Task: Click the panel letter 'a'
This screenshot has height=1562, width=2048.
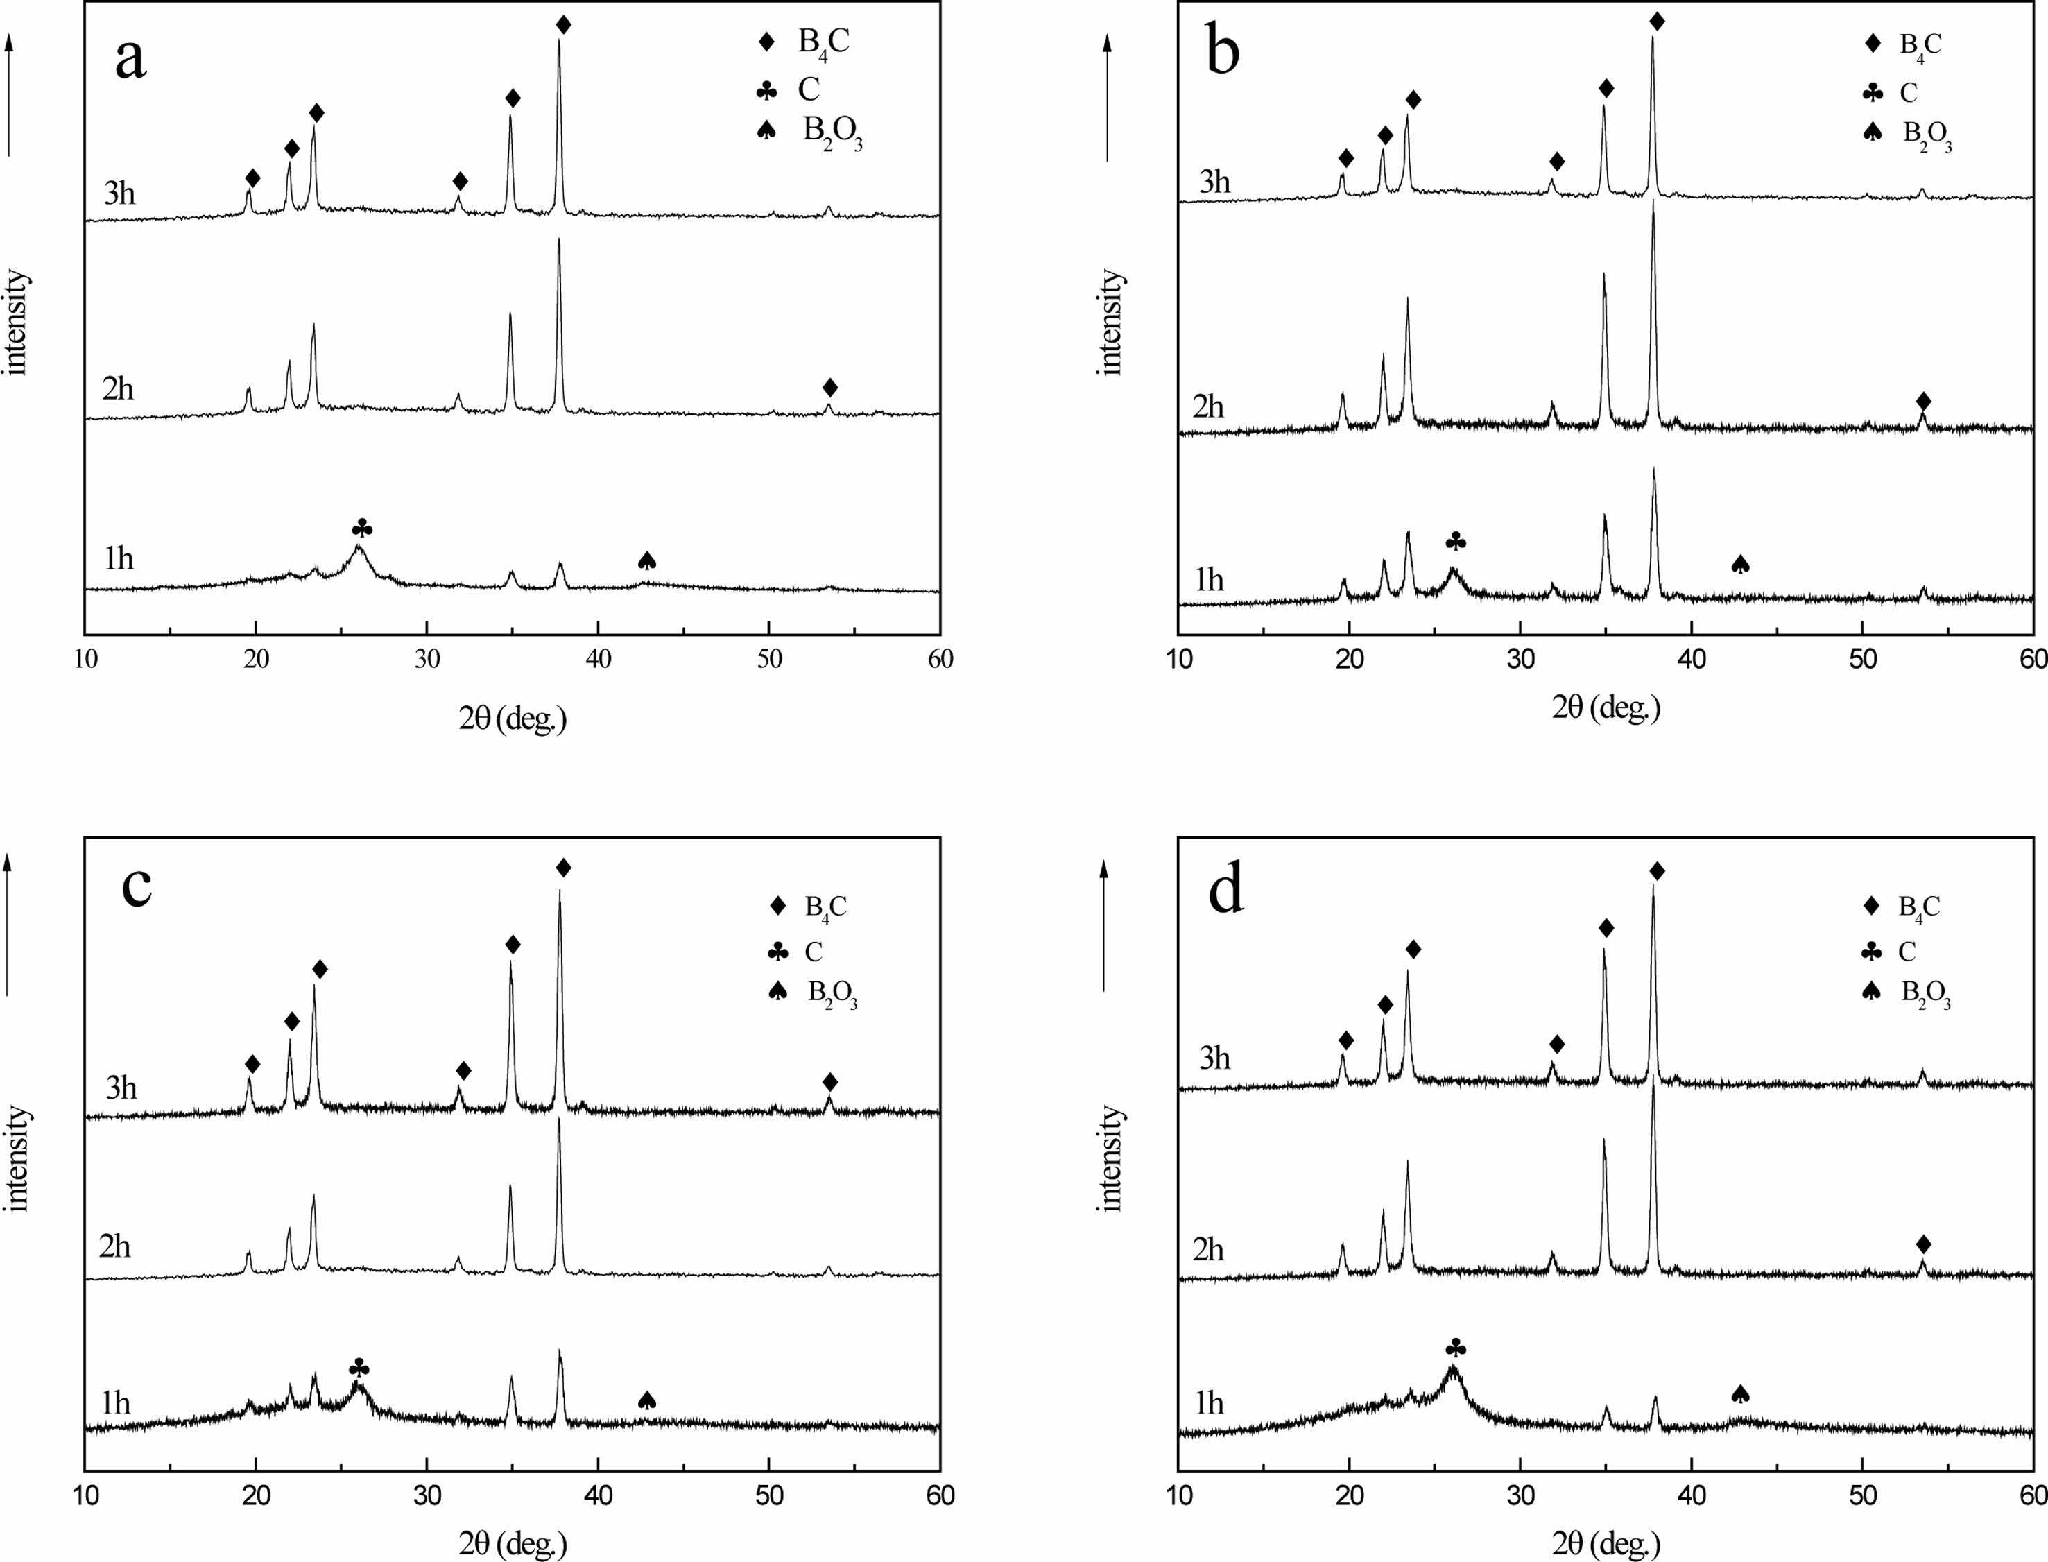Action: [x=130, y=60]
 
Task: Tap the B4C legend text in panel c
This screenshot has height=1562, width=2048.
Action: [x=825, y=907]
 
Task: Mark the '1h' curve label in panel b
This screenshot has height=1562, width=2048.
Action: [x=1209, y=581]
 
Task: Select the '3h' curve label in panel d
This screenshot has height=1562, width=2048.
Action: [x=1214, y=1058]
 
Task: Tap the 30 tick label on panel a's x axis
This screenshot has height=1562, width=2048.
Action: [x=427, y=659]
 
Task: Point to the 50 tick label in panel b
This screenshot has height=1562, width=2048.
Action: [x=1862, y=659]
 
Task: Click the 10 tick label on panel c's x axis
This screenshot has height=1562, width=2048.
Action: [x=85, y=1494]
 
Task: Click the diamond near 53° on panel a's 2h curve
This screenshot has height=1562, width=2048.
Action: [x=830, y=387]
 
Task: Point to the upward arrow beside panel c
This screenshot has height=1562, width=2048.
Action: [x=8, y=925]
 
